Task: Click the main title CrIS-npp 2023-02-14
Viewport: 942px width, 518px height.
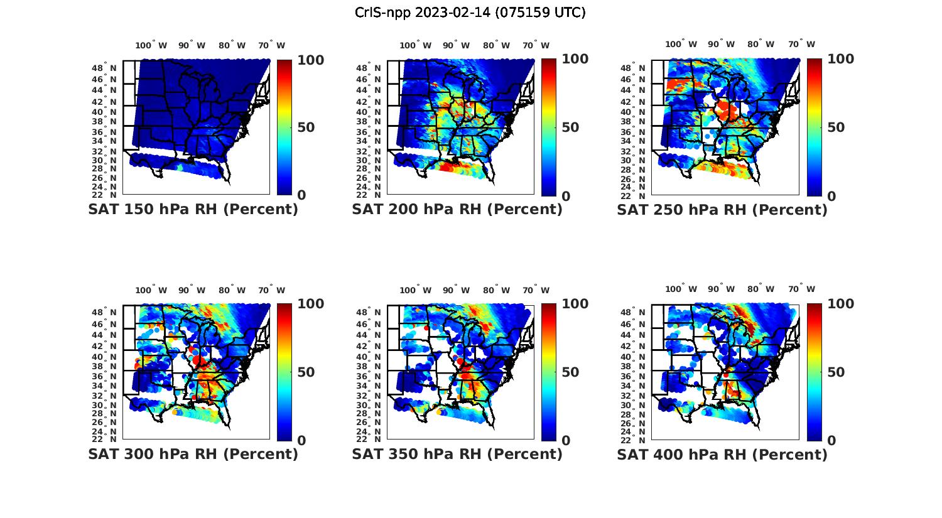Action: coord(470,13)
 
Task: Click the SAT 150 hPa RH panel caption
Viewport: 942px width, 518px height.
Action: coord(193,210)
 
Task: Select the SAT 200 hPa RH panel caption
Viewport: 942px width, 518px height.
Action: coord(457,210)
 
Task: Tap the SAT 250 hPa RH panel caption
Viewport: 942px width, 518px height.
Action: coord(722,210)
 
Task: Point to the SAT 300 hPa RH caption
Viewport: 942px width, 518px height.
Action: coord(193,454)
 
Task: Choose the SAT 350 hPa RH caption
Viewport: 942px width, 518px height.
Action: coord(457,454)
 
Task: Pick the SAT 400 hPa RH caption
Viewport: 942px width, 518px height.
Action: coord(722,454)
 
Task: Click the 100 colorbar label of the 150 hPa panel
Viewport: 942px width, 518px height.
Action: coord(310,60)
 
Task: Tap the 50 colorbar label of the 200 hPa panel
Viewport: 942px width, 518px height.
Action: coord(570,127)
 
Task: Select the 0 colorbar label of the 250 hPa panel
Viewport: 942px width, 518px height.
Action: coord(831,196)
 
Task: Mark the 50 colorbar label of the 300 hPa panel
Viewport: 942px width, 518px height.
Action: coord(306,372)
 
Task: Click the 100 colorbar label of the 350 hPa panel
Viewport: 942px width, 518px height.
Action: coord(575,304)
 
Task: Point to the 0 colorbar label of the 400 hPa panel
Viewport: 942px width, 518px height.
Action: coord(831,441)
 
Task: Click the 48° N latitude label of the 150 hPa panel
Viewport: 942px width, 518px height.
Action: coord(104,68)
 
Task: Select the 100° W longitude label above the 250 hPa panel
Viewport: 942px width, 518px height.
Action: coord(681,44)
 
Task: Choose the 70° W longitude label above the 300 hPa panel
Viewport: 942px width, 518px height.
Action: coord(271,290)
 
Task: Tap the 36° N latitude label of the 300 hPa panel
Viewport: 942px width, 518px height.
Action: coord(104,375)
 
